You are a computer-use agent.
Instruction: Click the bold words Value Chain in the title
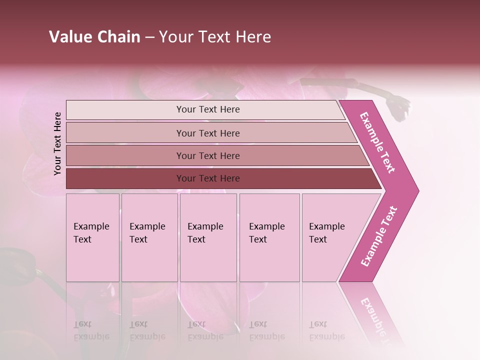click(x=94, y=37)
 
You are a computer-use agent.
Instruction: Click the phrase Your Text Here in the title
click(x=215, y=37)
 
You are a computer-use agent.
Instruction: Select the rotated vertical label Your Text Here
click(x=58, y=143)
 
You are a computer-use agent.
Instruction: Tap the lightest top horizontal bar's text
click(x=208, y=109)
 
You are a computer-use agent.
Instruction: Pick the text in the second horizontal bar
click(x=208, y=133)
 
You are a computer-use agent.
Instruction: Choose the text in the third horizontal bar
click(x=208, y=156)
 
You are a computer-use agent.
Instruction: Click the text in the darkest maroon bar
click(x=208, y=178)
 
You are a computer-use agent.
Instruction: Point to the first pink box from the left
click(x=92, y=237)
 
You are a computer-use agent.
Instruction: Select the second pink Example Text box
click(x=149, y=237)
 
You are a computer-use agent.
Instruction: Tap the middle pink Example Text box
click(x=208, y=237)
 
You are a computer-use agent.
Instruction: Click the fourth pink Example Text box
click(x=269, y=237)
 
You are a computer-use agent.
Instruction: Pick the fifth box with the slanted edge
click(x=330, y=237)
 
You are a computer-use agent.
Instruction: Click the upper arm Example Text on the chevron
click(x=378, y=142)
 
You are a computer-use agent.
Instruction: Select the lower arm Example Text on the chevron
click(x=379, y=236)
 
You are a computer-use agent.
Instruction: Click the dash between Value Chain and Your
click(x=149, y=37)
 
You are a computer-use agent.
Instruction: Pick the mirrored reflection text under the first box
click(x=91, y=331)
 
